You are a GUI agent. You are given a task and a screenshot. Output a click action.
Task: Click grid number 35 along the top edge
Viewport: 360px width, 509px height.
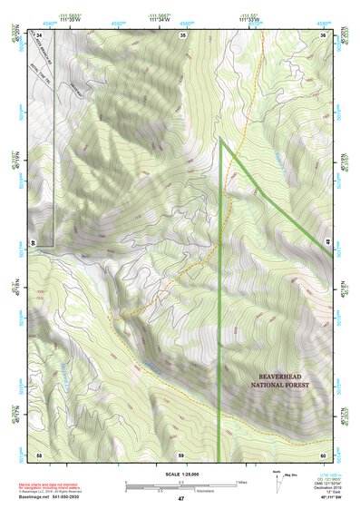click(x=182, y=34)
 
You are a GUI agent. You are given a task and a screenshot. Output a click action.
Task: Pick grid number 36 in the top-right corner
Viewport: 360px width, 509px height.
click(x=324, y=34)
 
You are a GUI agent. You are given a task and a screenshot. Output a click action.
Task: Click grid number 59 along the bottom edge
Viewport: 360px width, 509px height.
click(x=182, y=454)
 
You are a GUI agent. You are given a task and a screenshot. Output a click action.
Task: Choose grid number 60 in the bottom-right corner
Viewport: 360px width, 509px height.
click(x=324, y=454)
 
